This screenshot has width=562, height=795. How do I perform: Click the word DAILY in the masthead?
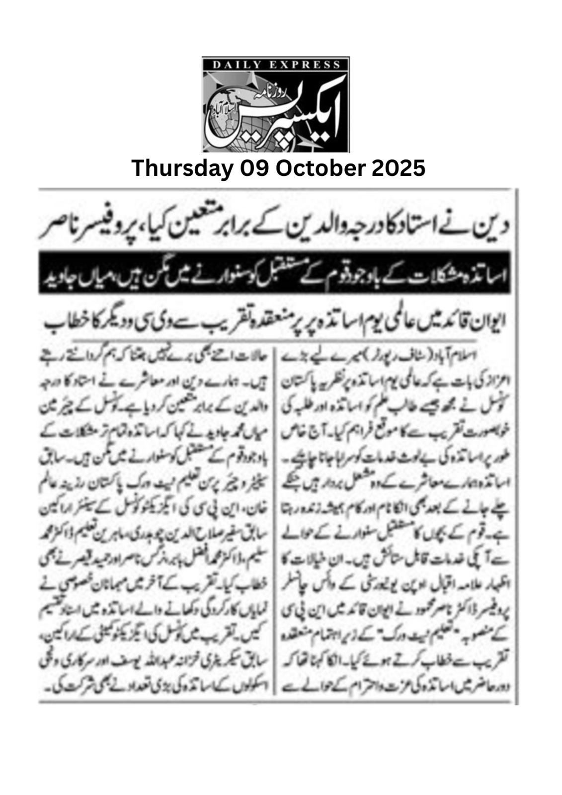(233, 64)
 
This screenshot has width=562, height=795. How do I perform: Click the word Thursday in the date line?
(182, 168)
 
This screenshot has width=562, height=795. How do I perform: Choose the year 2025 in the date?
(398, 168)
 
